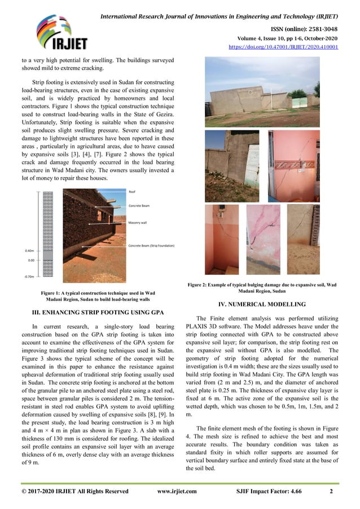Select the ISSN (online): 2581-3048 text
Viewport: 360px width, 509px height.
tap(305, 28)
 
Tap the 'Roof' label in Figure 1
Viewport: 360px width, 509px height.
tap(132, 192)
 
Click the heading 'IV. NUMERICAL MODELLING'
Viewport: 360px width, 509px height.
tap(261, 305)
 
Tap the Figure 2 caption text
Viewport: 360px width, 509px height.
tap(261, 288)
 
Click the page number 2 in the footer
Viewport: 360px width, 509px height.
tap(331, 492)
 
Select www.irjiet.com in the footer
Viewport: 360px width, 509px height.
tap(177, 492)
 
